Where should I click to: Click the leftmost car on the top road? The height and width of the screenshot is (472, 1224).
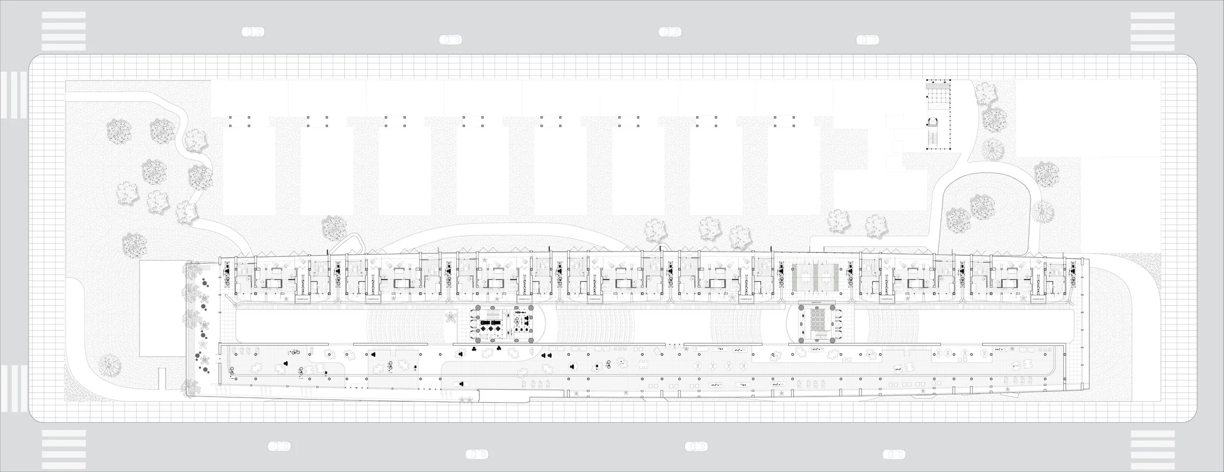coord(253,32)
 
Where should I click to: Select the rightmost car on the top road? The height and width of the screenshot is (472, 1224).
coord(868,39)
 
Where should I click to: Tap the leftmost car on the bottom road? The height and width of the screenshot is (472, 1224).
coord(280,446)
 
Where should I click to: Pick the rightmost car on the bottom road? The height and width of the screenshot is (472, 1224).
coord(894,453)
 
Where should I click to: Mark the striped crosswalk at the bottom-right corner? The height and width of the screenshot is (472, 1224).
coord(1152,440)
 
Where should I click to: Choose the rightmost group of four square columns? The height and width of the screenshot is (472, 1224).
coord(783,122)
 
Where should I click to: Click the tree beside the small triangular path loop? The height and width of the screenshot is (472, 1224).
coord(334,227)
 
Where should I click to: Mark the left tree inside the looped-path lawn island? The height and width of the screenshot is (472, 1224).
coord(958,218)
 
